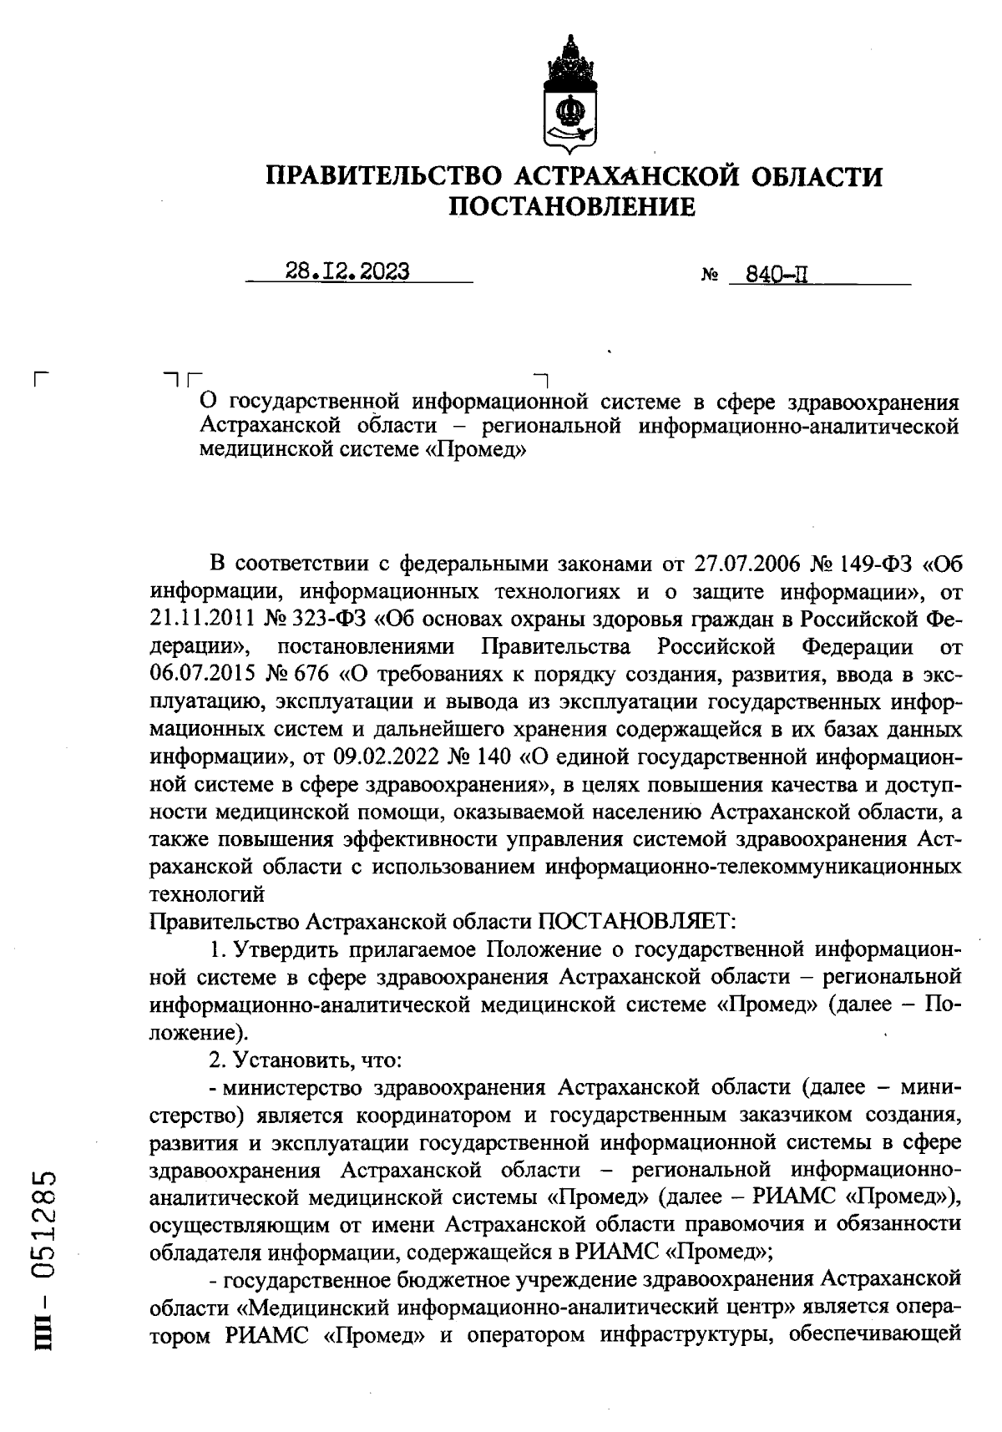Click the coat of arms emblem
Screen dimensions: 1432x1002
[x=571, y=95]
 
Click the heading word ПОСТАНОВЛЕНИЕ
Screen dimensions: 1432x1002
[x=572, y=206]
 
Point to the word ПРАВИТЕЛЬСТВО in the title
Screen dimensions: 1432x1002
[x=382, y=176]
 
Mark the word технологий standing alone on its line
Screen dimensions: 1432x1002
[x=206, y=894]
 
